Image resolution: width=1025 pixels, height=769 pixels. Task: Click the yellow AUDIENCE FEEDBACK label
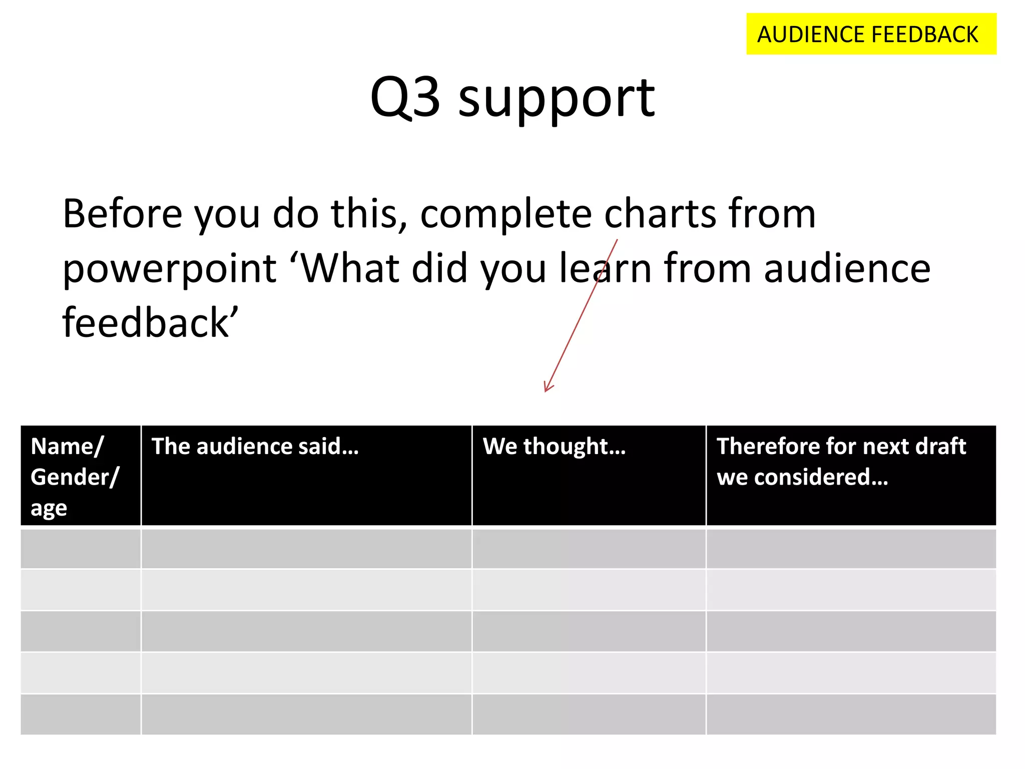[871, 34]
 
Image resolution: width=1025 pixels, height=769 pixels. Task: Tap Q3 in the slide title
[405, 98]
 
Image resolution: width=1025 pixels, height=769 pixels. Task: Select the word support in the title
[556, 100]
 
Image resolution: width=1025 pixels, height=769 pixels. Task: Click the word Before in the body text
[123, 214]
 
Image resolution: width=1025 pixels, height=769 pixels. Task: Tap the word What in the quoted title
[350, 268]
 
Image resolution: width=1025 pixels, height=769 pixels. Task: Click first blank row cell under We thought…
[589, 549]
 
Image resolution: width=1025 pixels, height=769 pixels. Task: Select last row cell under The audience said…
[306, 714]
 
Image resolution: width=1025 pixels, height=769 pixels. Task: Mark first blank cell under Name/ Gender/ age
[80, 549]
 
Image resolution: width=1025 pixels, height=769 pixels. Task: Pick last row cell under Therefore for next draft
[851, 714]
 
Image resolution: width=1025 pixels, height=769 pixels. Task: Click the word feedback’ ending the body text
[150, 323]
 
